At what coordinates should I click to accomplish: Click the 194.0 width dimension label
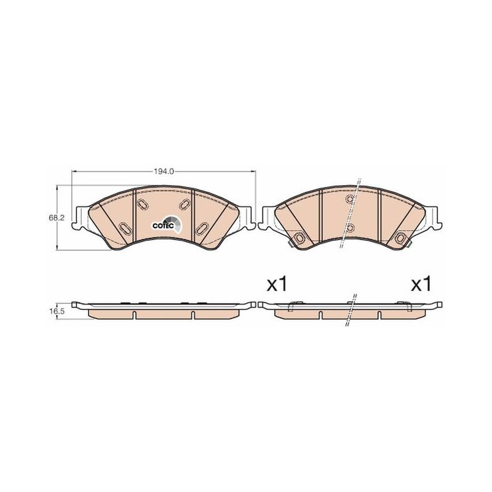164,172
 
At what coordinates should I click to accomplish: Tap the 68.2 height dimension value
56,218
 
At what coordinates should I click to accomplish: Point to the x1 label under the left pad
277,284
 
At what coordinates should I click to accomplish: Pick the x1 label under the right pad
421,284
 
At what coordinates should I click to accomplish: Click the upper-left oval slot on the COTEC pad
143,205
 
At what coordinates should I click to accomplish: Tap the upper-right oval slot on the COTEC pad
184,205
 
